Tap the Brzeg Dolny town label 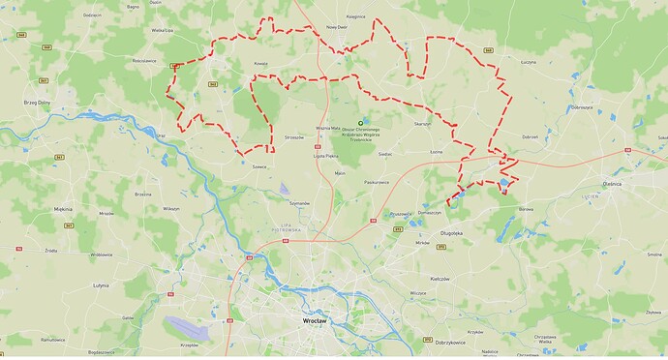pos(38,101)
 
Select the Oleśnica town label pos(638,181)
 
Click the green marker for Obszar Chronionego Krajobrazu pos(361,121)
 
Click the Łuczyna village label pos(529,61)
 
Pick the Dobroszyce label pos(582,106)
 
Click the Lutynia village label pos(101,286)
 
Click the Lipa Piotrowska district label pos(280,227)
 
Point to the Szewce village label pos(258,166)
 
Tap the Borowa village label pos(527,207)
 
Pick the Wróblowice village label pos(101,255)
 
